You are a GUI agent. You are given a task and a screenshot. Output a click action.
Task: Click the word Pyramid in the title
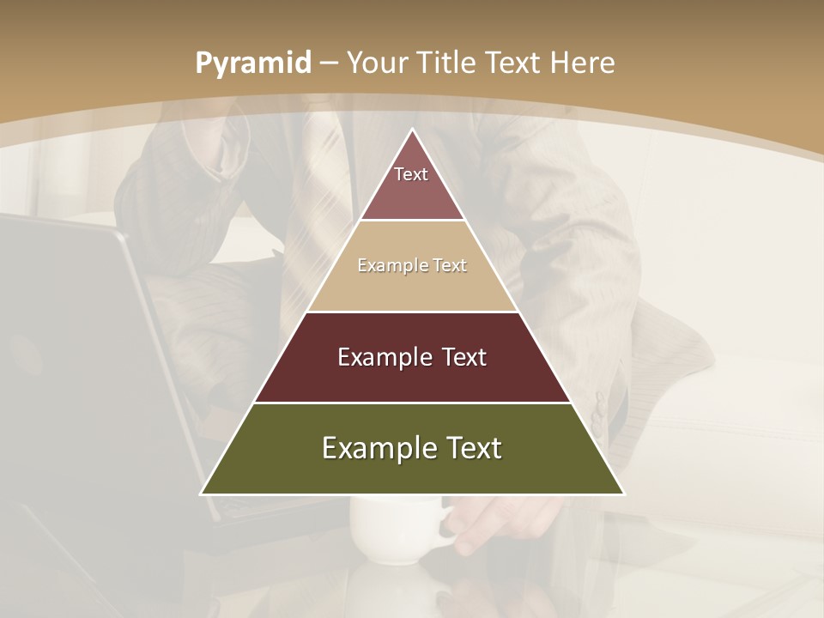(x=252, y=64)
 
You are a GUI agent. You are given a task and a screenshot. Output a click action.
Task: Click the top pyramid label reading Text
(x=411, y=174)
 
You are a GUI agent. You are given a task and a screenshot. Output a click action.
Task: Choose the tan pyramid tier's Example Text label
(x=412, y=265)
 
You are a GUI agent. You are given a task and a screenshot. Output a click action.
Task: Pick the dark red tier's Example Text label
(x=412, y=357)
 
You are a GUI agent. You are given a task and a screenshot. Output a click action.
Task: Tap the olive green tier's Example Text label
(x=412, y=448)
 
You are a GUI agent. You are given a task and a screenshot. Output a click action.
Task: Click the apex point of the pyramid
(x=413, y=130)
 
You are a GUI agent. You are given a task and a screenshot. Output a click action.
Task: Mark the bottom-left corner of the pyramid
(x=202, y=494)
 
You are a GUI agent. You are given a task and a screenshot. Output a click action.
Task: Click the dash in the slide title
(x=329, y=64)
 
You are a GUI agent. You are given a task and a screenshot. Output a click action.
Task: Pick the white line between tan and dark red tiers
(x=412, y=312)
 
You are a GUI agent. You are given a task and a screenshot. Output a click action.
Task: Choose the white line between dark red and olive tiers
(x=412, y=403)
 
